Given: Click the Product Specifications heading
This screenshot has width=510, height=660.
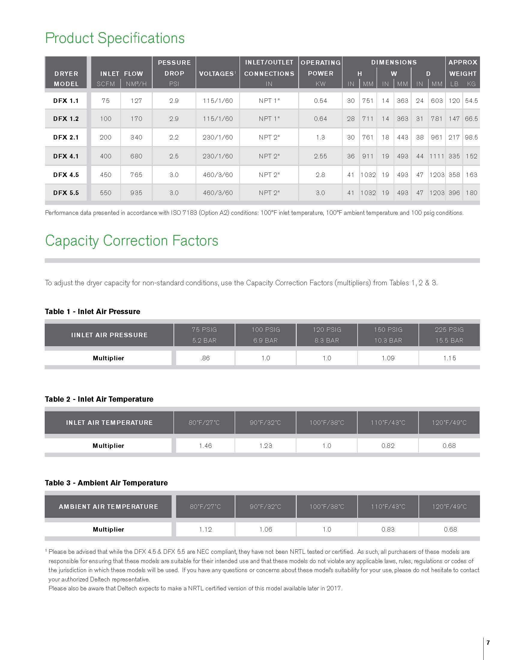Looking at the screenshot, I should pyautogui.click(x=115, y=38).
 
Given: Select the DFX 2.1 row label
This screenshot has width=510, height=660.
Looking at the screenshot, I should pyautogui.click(x=66, y=137).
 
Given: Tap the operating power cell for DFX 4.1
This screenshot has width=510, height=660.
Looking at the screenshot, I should pyautogui.click(x=320, y=156).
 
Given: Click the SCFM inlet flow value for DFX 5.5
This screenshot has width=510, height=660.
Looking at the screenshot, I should pyautogui.click(x=106, y=193).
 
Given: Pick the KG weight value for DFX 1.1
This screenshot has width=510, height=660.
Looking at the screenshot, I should pyautogui.click(x=471, y=100).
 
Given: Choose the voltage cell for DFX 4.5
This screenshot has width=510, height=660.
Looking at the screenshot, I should pyautogui.click(x=218, y=175).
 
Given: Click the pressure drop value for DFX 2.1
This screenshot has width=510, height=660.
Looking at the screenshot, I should pyautogui.click(x=174, y=137).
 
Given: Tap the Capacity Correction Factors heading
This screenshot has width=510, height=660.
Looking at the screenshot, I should pyautogui.click(x=131, y=241).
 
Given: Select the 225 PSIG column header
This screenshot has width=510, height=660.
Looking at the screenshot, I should pyautogui.click(x=449, y=335).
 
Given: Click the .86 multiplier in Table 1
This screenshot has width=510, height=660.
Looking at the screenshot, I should pyautogui.click(x=205, y=358).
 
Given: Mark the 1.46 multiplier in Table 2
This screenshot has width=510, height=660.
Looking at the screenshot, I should pyautogui.click(x=205, y=446).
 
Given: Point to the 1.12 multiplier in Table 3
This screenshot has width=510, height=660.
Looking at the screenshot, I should pyautogui.click(x=205, y=529).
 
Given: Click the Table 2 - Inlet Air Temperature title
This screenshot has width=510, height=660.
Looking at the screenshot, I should pyautogui.click(x=99, y=399).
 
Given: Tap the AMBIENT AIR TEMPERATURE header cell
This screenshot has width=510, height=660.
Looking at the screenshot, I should pyautogui.click(x=109, y=507).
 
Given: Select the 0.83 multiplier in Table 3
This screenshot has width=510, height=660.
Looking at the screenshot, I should pyautogui.click(x=388, y=529).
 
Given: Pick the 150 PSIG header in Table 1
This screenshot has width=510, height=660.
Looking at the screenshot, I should pyautogui.click(x=388, y=335).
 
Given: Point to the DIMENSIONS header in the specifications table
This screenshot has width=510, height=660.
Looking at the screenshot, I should pyautogui.click(x=394, y=62).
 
